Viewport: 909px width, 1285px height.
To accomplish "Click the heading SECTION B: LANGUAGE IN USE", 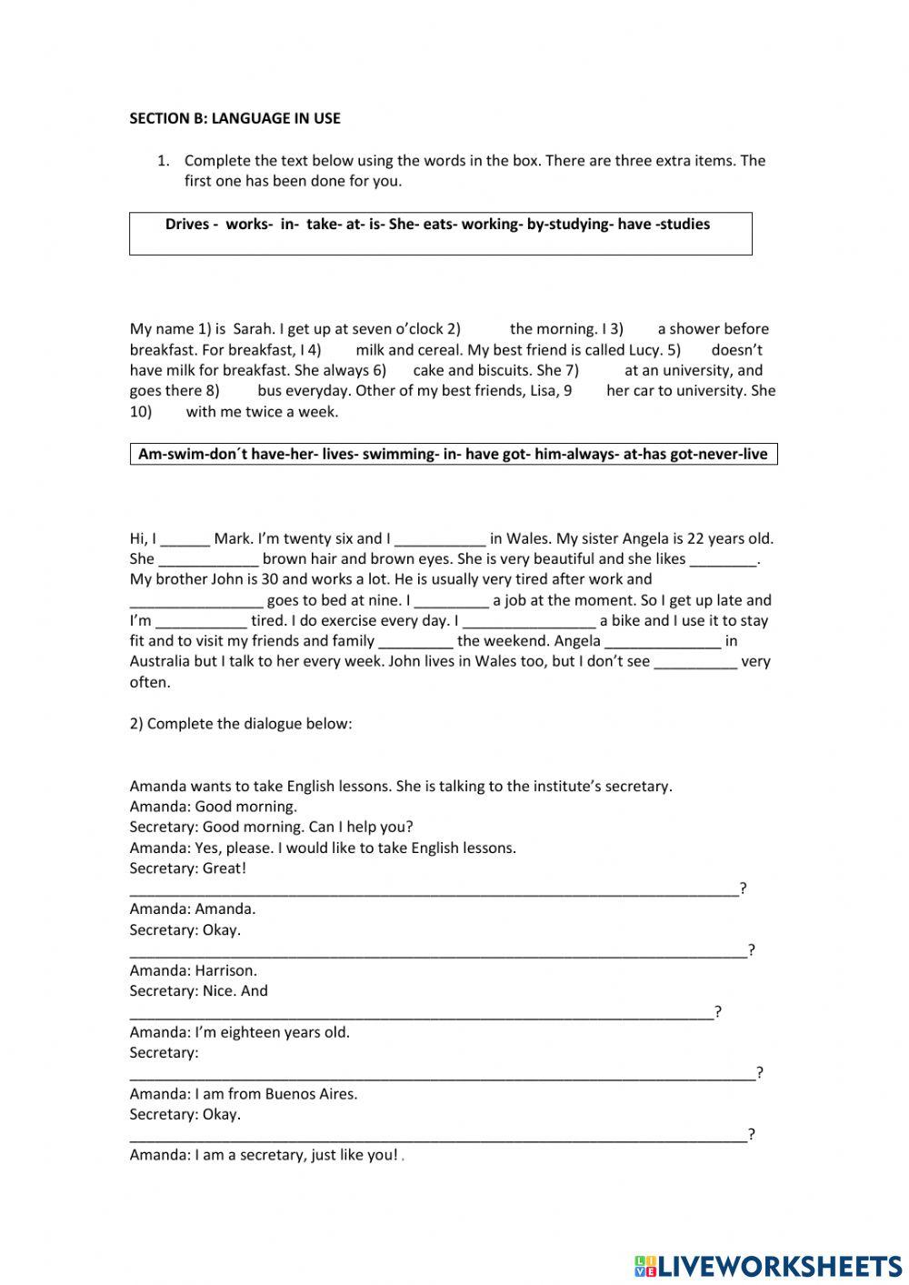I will [x=235, y=118].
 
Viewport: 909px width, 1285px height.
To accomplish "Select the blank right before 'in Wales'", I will [x=440, y=539].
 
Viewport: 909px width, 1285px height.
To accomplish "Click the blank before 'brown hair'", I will [x=209, y=560].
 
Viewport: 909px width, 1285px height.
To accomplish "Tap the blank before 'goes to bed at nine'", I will [x=196, y=601].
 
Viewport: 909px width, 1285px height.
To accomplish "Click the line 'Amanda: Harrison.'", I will [x=193, y=971].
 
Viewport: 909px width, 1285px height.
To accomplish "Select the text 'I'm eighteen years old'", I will [x=272, y=1033].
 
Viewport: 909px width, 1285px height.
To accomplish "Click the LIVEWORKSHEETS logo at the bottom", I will [x=768, y=1266].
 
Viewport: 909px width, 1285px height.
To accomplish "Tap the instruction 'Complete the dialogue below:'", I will [x=241, y=725].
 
